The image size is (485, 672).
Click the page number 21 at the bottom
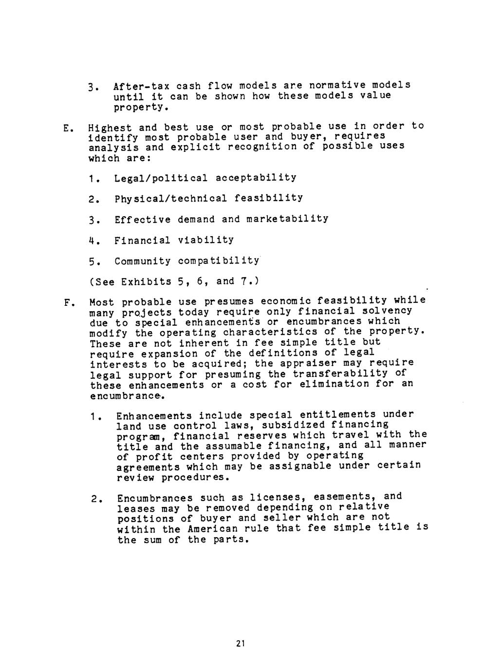[x=239, y=644]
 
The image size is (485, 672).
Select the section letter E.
[x=66, y=129]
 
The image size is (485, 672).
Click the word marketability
[x=287, y=219]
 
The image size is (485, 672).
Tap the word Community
[x=143, y=261]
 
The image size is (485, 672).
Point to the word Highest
[x=110, y=129]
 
